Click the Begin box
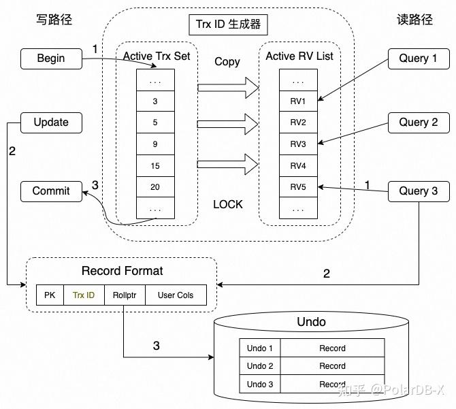click(x=51, y=59)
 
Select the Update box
click(x=51, y=122)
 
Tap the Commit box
click(x=51, y=191)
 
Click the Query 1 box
click(x=418, y=59)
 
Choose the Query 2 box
click(x=418, y=122)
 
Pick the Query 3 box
click(x=418, y=191)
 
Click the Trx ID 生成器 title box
click(x=227, y=25)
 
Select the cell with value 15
click(x=155, y=165)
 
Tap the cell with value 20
click(x=155, y=187)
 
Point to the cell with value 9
click(x=155, y=144)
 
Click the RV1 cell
click(x=298, y=101)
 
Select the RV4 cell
click(x=298, y=165)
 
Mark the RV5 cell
click(x=298, y=187)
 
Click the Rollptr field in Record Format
click(x=125, y=295)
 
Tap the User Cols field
click(x=175, y=295)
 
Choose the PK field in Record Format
click(x=50, y=295)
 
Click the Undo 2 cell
click(x=260, y=366)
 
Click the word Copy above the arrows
click(x=227, y=62)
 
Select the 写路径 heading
click(x=54, y=20)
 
